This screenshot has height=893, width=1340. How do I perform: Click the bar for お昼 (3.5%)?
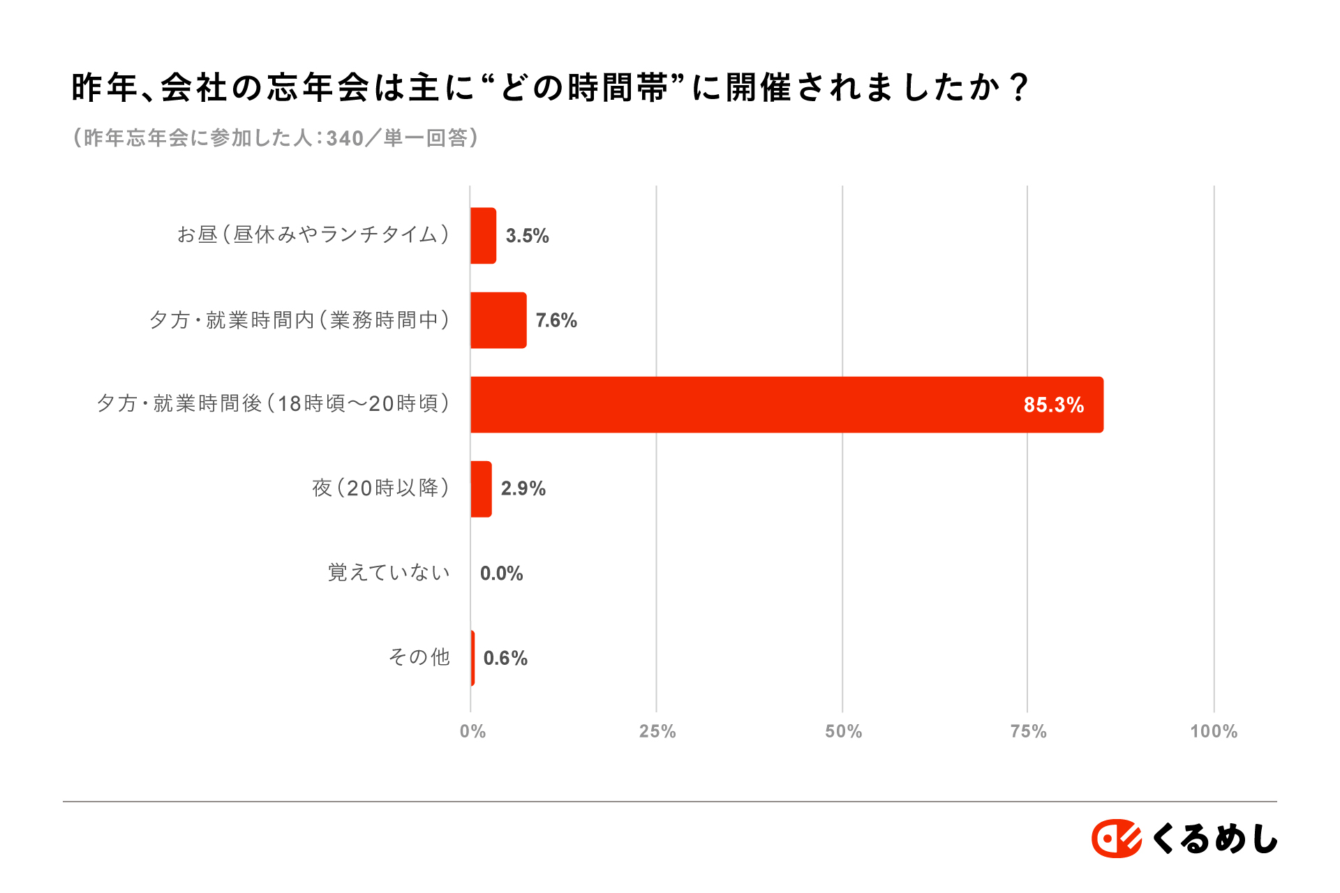(483, 236)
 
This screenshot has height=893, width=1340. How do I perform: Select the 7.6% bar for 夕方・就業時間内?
(498, 320)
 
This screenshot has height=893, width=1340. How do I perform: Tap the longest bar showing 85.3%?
(787, 405)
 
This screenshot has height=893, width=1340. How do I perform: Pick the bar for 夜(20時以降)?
(481, 489)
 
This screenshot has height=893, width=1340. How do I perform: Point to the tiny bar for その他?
(472, 658)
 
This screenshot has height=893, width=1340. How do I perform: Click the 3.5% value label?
(527, 236)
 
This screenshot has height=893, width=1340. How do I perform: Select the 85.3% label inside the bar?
(1053, 405)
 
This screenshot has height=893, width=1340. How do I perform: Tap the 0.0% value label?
(501, 573)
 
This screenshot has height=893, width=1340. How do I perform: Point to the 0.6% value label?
(505, 658)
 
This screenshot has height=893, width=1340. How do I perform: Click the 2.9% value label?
(523, 488)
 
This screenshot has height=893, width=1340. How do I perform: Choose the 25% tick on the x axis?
(657, 731)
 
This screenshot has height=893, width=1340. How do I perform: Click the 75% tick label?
(1028, 731)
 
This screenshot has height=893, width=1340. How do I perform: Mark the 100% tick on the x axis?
(1214, 731)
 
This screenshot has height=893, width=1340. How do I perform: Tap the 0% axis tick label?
(472, 731)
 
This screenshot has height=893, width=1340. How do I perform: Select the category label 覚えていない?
(389, 573)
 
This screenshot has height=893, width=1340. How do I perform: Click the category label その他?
(419, 657)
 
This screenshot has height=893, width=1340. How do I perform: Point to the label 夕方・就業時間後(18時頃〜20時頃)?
(273, 404)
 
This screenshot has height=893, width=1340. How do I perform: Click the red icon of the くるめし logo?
(1116, 838)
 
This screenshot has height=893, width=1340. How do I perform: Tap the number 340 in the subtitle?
(345, 138)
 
